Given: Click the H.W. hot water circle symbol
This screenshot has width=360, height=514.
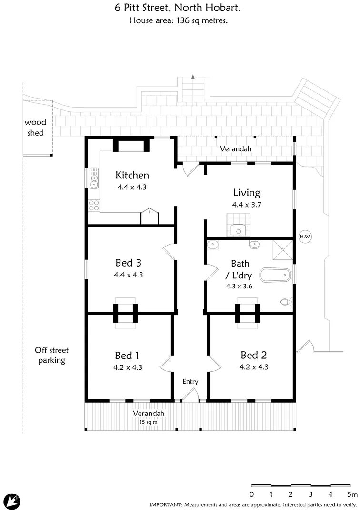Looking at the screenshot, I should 305,236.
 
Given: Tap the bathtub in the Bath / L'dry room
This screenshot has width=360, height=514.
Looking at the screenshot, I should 275,276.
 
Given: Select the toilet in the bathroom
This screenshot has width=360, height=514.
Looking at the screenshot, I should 286,301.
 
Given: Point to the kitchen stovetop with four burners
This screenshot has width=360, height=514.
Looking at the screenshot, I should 94,205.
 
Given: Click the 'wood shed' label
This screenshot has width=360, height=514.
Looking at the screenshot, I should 35,128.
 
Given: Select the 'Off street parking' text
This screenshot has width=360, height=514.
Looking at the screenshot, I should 51,356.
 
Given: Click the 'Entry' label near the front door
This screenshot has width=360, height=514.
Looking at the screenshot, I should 190,382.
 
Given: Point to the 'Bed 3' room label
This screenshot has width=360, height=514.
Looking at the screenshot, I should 128,263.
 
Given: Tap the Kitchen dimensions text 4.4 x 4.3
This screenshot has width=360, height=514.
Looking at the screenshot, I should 131,187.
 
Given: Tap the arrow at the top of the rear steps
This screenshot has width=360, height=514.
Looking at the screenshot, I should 193,76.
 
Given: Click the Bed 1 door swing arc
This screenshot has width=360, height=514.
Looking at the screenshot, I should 165,364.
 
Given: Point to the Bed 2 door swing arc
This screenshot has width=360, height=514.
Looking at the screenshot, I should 216,364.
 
